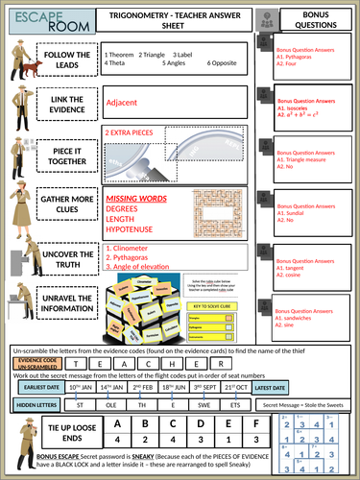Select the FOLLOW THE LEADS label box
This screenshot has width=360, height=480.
pyautogui.click(x=66, y=59)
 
